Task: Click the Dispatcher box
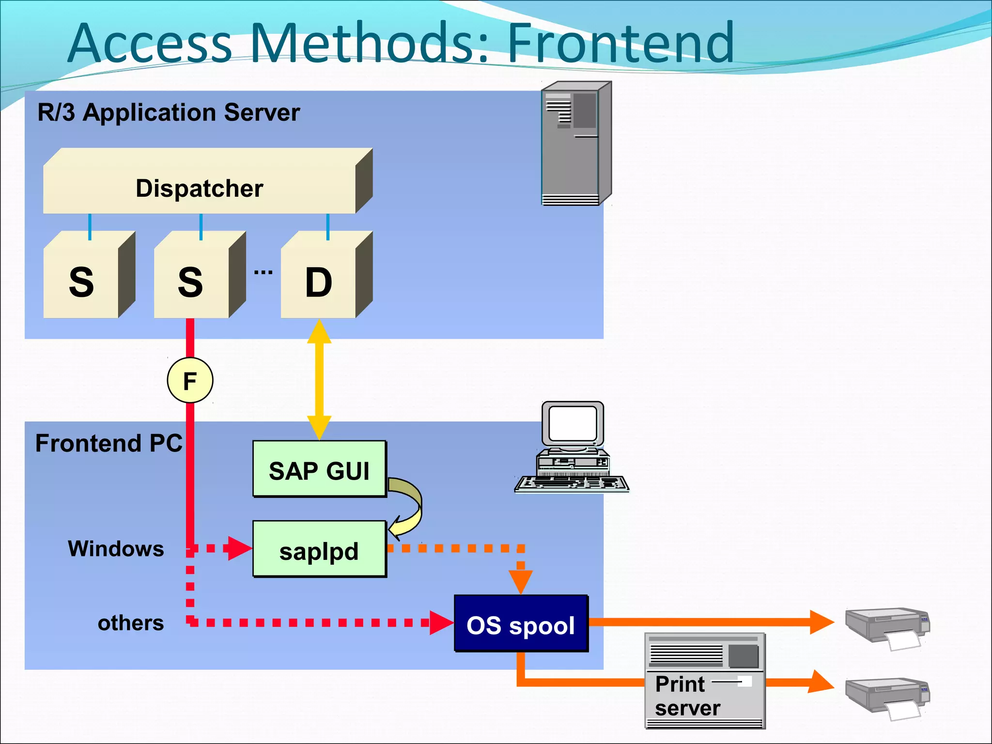(200, 188)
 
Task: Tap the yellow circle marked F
(190, 380)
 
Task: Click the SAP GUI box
(319, 470)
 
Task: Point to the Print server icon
(705, 681)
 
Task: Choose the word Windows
(116, 549)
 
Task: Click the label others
(131, 623)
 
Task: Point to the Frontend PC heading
(109, 443)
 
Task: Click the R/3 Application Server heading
(169, 112)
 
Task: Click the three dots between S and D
(263, 273)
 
